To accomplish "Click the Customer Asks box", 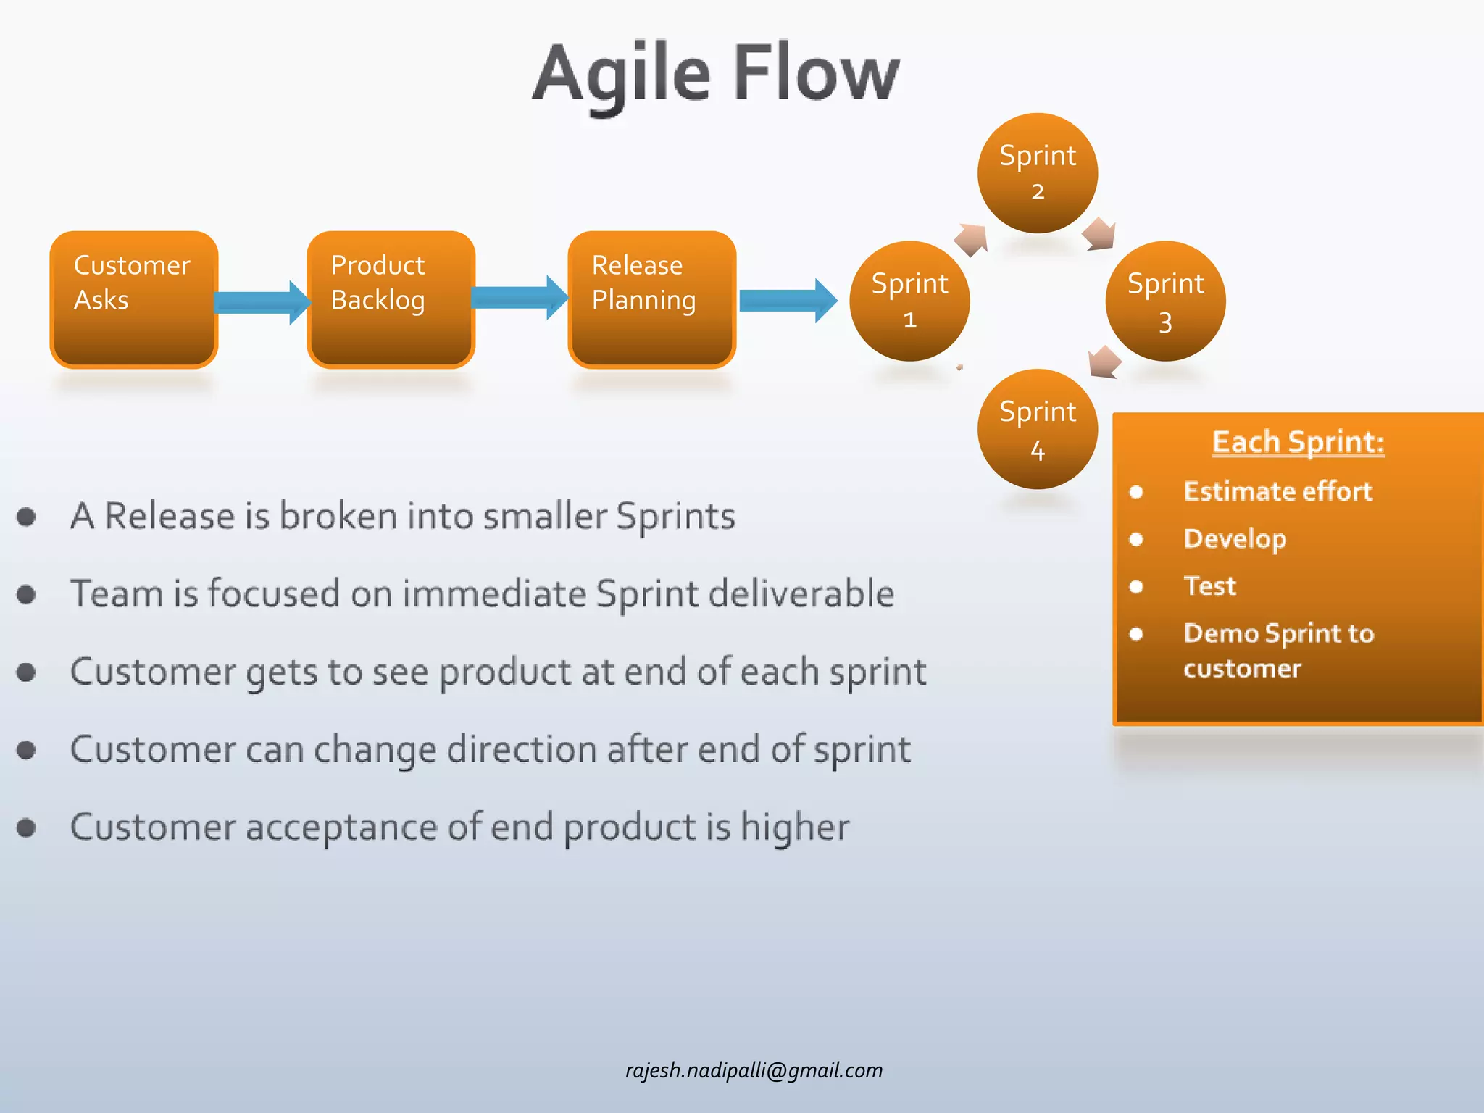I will pyautogui.click(x=133, y=299).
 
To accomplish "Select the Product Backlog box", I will pyautogui.click(x=391, y=299).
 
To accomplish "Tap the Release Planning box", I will pyautogui.click(x=651, y=299).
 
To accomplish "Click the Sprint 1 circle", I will pyautogui.click(x=909, y=301).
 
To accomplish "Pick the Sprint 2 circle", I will pyautogui.click(x=1037, y=172).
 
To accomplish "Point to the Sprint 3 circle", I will pyautogui.click(x=1165, y=301).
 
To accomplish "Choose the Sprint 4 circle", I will pyautogui.click(x=1037, y=429).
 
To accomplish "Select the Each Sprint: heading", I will pyautogui.click(x=1298, y=442).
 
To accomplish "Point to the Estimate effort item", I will pyautogui.click(x=1277, y=491).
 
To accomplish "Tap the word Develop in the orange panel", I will pyautogui.click(x=1235, y=538).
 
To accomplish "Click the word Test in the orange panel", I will pyautogui.click(x=1209, y=585).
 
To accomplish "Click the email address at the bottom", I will pyautogui.click(x=754, y=1070).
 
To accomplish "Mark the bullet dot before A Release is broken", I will pyautogui.click(x=27, y=517).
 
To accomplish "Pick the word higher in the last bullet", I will pyautogui.click(x=795, y=828).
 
